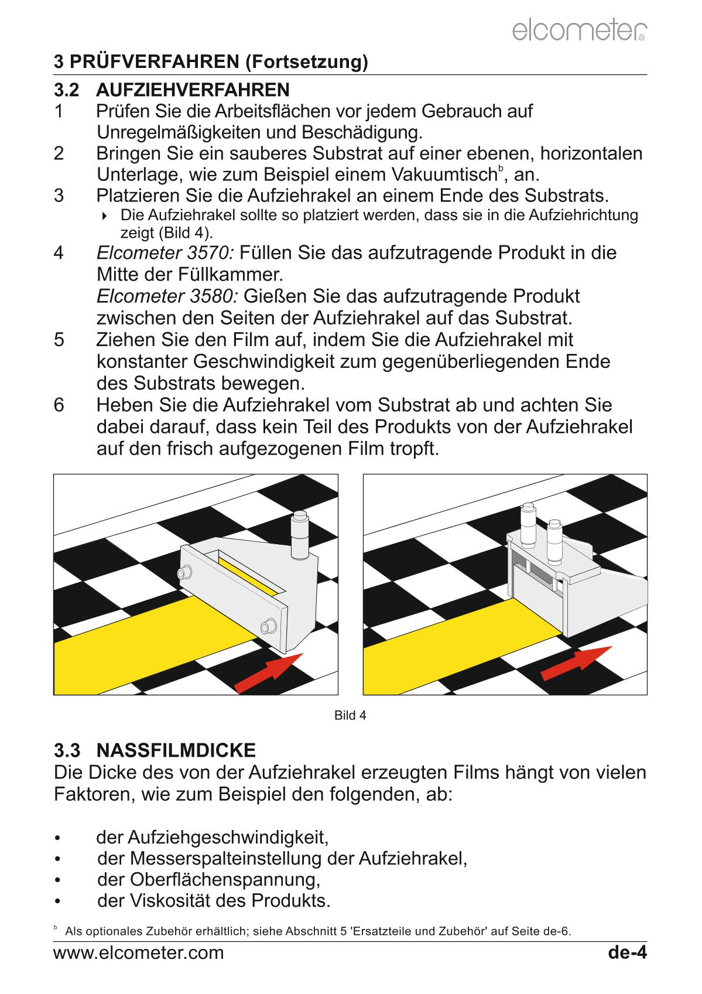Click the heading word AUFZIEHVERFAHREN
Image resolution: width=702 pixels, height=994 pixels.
tap(193, 90)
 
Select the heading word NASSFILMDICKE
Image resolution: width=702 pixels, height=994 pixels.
tap(176, 750)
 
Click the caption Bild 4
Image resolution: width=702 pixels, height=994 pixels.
tap(350, 715)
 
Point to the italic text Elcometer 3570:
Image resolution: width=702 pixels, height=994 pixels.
tap(165, 254)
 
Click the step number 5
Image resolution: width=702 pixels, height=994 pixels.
tap(59, 340)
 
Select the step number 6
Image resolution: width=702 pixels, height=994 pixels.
tap(59, 405)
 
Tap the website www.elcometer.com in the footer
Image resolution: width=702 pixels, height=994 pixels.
tap(139, 953)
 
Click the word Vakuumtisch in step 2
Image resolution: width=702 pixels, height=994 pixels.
tap(444, 175)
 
